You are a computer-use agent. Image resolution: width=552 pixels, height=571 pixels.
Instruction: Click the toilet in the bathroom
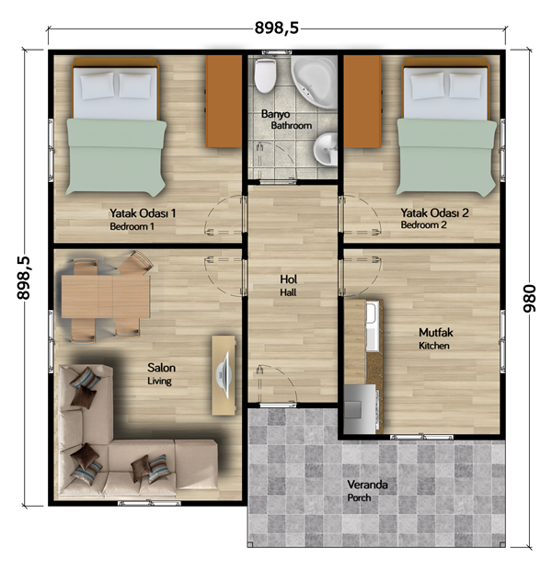(x=265, y=75)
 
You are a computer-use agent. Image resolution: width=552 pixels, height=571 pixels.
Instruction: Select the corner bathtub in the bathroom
(x=314, y=82)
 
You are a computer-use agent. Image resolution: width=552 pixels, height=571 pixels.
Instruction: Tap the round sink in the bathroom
(x=326, y=149)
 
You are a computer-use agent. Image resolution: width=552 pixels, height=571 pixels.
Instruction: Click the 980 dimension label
(x=529, y=299)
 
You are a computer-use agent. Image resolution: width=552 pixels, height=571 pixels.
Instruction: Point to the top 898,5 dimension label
(x=277, y=28)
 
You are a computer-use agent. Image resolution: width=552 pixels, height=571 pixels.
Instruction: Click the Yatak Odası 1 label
(x=143, y=213)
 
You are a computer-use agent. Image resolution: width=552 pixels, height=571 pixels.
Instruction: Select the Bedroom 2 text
(x=423, y=225)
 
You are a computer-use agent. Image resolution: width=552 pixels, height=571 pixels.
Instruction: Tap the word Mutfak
(x=436, y=333)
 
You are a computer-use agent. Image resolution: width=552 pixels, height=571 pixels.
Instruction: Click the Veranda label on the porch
(x=367, y=485)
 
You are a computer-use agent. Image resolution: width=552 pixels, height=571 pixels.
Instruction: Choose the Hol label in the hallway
(x=288, y=280)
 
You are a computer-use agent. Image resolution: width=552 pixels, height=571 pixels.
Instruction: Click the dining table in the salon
(x=106, y=296)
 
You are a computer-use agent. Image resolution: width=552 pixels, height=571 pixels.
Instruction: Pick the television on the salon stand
(x=223, y=375)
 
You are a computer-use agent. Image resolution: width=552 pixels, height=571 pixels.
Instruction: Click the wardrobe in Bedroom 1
(x=224, y=101)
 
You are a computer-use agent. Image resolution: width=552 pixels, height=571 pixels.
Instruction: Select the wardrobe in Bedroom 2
(x=362, y=101)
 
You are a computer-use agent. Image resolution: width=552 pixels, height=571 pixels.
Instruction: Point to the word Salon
(x=161, y=368)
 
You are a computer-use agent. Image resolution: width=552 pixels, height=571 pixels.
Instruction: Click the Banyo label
(x=275, y=114)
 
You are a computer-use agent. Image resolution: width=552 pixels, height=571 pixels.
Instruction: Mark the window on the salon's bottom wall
(x=149, y=503)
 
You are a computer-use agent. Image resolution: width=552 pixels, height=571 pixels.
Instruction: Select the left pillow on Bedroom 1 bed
(x=97, y=86)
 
